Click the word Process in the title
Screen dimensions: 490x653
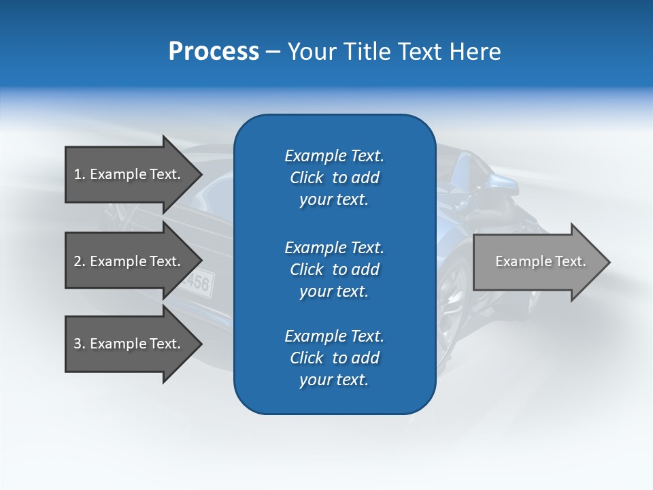[x=214, y=52]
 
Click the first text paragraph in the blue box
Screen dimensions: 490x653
[x=334, y=178]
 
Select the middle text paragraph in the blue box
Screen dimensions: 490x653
[x=334, y=269]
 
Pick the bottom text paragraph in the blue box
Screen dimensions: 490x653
[x=334, y=358]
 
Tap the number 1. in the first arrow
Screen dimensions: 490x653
[x=80, y=174]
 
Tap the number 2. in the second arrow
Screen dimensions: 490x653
[x=80, y=261]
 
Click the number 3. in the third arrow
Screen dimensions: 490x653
[x=80, y=344]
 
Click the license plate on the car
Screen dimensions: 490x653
[x=198, y=281]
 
